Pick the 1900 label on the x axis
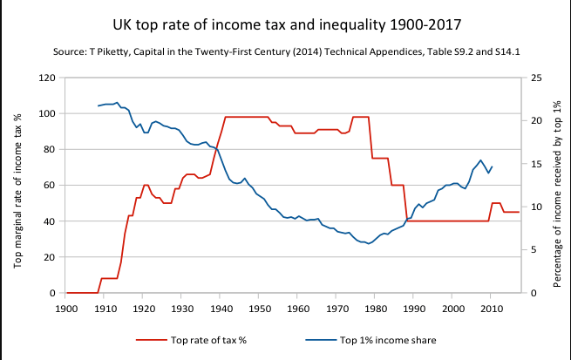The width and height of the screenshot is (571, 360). (65, 307)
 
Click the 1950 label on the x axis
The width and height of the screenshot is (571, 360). (259, 307)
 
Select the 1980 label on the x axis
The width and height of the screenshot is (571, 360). (375, 307)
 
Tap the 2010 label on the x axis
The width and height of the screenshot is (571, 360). (491, 307)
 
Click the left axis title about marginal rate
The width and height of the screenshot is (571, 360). (17, 185)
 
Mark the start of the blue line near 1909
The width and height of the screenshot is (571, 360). (99, 105)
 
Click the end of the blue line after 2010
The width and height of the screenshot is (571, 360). (493, 166)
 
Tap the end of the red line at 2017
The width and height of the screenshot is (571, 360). (519, 212)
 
